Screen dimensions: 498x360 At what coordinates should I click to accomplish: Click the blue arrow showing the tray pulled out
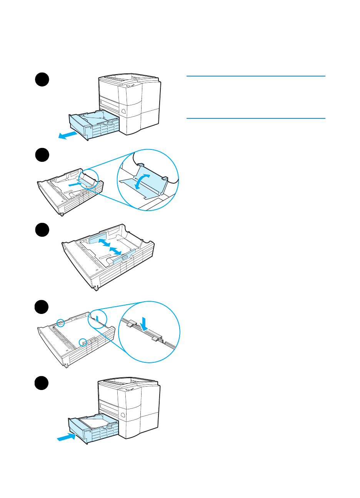coord(67,135)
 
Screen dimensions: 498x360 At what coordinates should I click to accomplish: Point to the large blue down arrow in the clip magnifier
coord(144,323)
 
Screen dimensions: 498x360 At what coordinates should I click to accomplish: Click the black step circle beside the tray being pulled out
coord(42,80)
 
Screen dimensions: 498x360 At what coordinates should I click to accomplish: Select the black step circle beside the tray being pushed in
coord(42,383)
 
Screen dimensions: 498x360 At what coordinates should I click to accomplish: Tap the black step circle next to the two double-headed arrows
coord(42,230)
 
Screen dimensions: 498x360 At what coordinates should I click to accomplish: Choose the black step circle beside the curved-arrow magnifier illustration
coord(42,155)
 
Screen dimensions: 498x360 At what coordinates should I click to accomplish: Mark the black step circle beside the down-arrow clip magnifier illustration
coord(42,307)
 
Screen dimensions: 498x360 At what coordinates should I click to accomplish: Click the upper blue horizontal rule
coord(256,76)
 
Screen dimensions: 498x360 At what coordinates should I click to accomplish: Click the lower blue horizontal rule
coord(256,118)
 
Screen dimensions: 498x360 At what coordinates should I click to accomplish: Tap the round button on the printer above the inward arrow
coord(123,415)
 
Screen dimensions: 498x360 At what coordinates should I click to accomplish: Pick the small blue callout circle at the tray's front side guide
coord(82,342)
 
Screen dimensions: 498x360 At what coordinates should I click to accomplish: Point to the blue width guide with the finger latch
coord(122,257)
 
